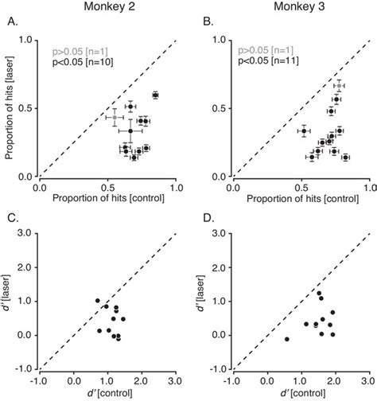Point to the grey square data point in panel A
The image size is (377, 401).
(x=115, y=117)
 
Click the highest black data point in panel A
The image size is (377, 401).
(x=155, y=95)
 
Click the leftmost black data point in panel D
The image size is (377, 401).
(x=287, y=340)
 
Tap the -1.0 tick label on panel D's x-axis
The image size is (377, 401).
(x=231, y=378)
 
